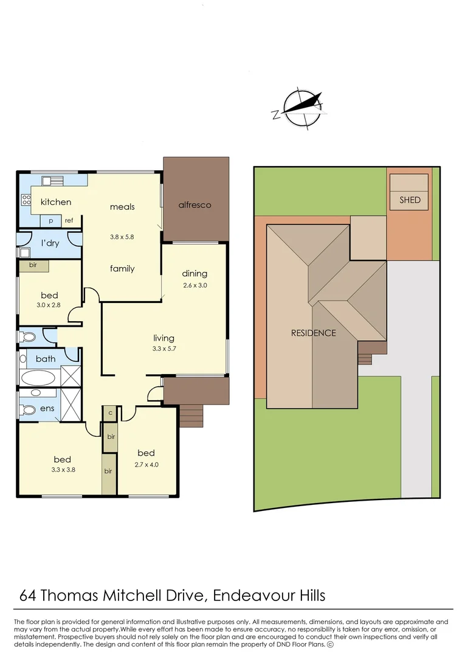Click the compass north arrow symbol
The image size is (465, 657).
pos(298,108)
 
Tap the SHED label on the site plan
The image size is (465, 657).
pos(410,200)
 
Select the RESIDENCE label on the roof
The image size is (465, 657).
pos(313,333)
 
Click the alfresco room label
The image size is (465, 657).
pos(195,205)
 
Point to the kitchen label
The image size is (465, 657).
pos(55,202)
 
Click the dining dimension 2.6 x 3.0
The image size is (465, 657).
pos(195,285)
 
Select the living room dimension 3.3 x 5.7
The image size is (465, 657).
pos(164,349)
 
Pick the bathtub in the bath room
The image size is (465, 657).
pos(38,378)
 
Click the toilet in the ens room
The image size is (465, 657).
pos(28,409)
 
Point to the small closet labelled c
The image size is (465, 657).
pos(110,412)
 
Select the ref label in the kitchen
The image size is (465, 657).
pos(69,221)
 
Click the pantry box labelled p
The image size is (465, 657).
pos(50,221)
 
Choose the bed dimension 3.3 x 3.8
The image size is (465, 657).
pos(62,470)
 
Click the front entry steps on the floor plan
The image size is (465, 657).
pos(192,417)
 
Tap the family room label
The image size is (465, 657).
pos(122,268)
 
